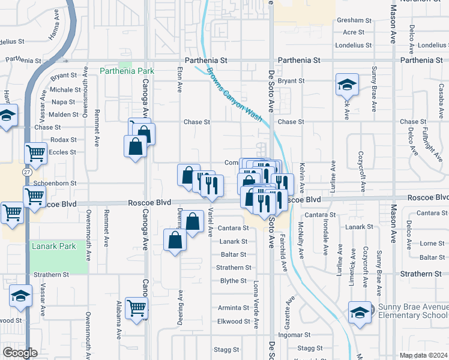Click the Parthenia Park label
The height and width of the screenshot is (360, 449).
click(127, 71)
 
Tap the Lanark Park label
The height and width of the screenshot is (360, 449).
click(53, 246)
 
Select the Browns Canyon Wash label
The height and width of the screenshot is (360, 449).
click(235, 94)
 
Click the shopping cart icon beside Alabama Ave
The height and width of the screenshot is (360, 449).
click(137, 308)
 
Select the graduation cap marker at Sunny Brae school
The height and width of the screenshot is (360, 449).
click(360, 313)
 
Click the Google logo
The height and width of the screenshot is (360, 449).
click(20, 353)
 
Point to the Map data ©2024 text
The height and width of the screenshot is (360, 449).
click(423, 355)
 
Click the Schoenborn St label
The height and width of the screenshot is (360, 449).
click(56, 183)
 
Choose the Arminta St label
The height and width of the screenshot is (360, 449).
click(233, 308)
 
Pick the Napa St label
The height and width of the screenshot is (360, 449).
click(63, 102)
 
